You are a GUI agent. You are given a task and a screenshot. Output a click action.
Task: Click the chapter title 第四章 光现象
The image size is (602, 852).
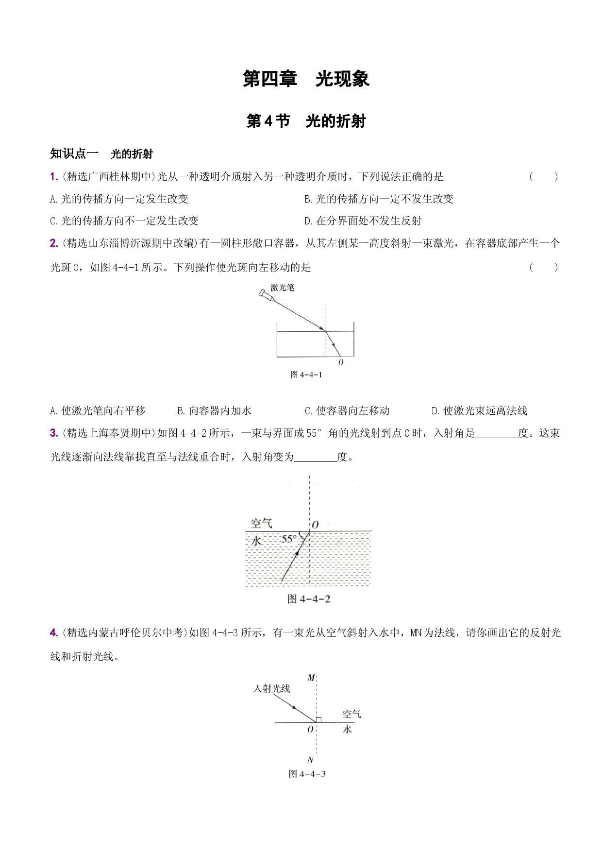click(306, 79)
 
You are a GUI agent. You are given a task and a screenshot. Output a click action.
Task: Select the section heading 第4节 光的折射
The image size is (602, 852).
click(306, 121)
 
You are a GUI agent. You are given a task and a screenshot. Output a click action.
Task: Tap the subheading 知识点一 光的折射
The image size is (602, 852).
click(101, 154)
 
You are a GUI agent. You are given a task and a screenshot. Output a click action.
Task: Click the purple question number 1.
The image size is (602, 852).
click(54, 177)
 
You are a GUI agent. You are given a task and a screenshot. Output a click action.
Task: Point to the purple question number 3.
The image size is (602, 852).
click(54, 433)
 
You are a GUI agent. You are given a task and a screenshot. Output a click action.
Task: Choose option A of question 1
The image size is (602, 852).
click(119, 199)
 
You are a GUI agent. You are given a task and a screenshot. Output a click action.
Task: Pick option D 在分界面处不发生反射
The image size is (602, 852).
click(363, 221)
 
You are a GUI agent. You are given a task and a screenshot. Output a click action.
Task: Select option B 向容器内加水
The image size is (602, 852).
click(214, 411)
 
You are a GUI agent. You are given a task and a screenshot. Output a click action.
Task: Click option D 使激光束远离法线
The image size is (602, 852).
click(479, 411)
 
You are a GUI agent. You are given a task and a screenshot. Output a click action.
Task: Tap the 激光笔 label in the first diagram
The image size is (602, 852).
click(283, 288)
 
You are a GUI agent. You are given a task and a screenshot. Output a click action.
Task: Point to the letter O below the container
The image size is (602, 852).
click(340, 362)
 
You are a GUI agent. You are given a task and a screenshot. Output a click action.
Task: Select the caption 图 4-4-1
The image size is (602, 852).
click(306, 375)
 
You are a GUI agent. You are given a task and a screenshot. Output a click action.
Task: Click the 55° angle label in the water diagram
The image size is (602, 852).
click(289, 539)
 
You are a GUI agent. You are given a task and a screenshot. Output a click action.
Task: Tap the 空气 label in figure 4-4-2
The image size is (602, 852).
click(262, 523)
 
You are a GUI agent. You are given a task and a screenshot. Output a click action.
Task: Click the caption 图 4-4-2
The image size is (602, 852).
click(309, 599)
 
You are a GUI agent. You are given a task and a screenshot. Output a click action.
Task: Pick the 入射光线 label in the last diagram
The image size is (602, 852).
click(271, 688)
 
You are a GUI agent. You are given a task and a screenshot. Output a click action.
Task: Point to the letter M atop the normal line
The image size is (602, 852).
click(311, 678)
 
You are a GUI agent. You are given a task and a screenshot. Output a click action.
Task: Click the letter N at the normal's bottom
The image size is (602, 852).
click(311, 760)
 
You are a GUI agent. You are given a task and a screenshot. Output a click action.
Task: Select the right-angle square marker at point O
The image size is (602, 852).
click(318, 719)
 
